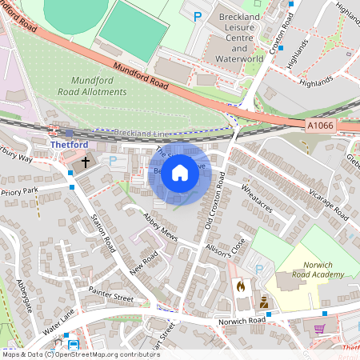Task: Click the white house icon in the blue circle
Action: pyautogui.click(x=180, y=173)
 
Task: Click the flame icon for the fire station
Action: pyautogui.click(x=240, y=285)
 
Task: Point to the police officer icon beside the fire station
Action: pyautogui.click(x=262, y=302)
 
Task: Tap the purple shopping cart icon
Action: pyautogui.click(x=320, y=329)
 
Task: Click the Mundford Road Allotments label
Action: pyautogui.click(x=98, y=86)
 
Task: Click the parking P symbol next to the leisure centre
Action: pyautogui.click(x=198, y=15)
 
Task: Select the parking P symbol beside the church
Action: pyautogui.click(x=112, y=160)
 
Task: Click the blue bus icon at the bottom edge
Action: pyautogui.click(x=74, y=346)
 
